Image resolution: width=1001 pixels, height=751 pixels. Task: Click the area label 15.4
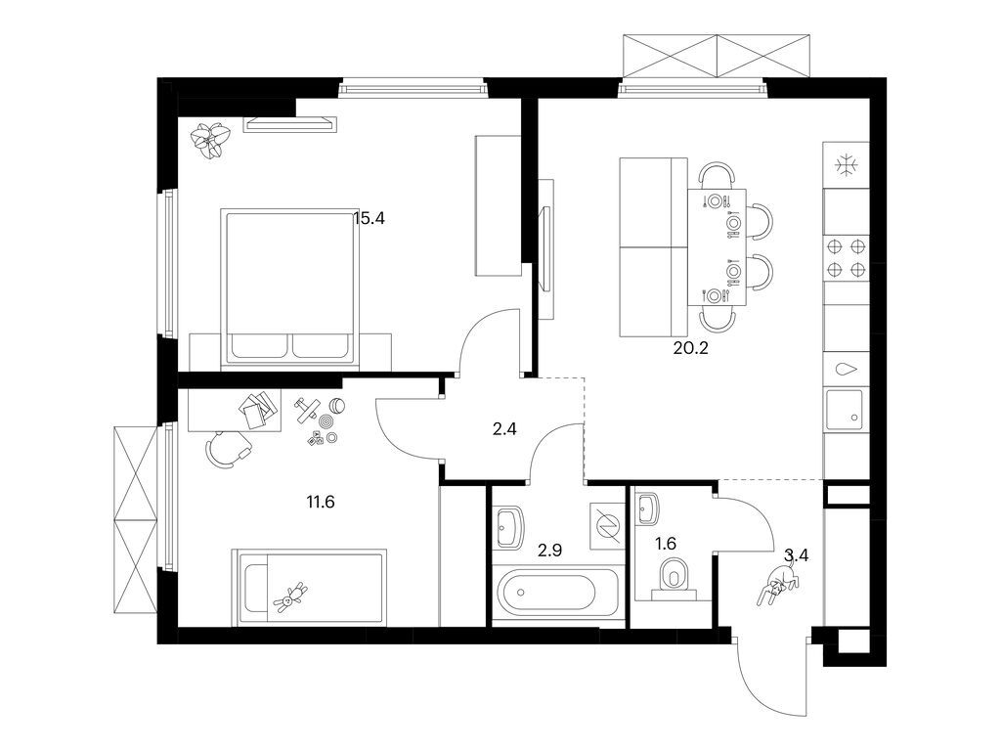tap(370, 219)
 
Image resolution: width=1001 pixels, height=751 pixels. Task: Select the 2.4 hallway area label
tap(504, 426)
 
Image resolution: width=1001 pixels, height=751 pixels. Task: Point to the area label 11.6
tap(321, 503)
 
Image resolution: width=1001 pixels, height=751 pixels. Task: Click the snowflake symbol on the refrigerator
tap(845, 164)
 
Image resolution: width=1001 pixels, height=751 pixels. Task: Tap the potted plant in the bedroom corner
tap(210, 139)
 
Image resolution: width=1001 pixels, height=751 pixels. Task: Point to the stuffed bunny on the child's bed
tap(291, 597)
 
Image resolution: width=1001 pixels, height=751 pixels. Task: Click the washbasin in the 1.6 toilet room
tap(647, 508)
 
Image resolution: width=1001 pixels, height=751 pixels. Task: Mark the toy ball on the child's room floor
tap(336, 406)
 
